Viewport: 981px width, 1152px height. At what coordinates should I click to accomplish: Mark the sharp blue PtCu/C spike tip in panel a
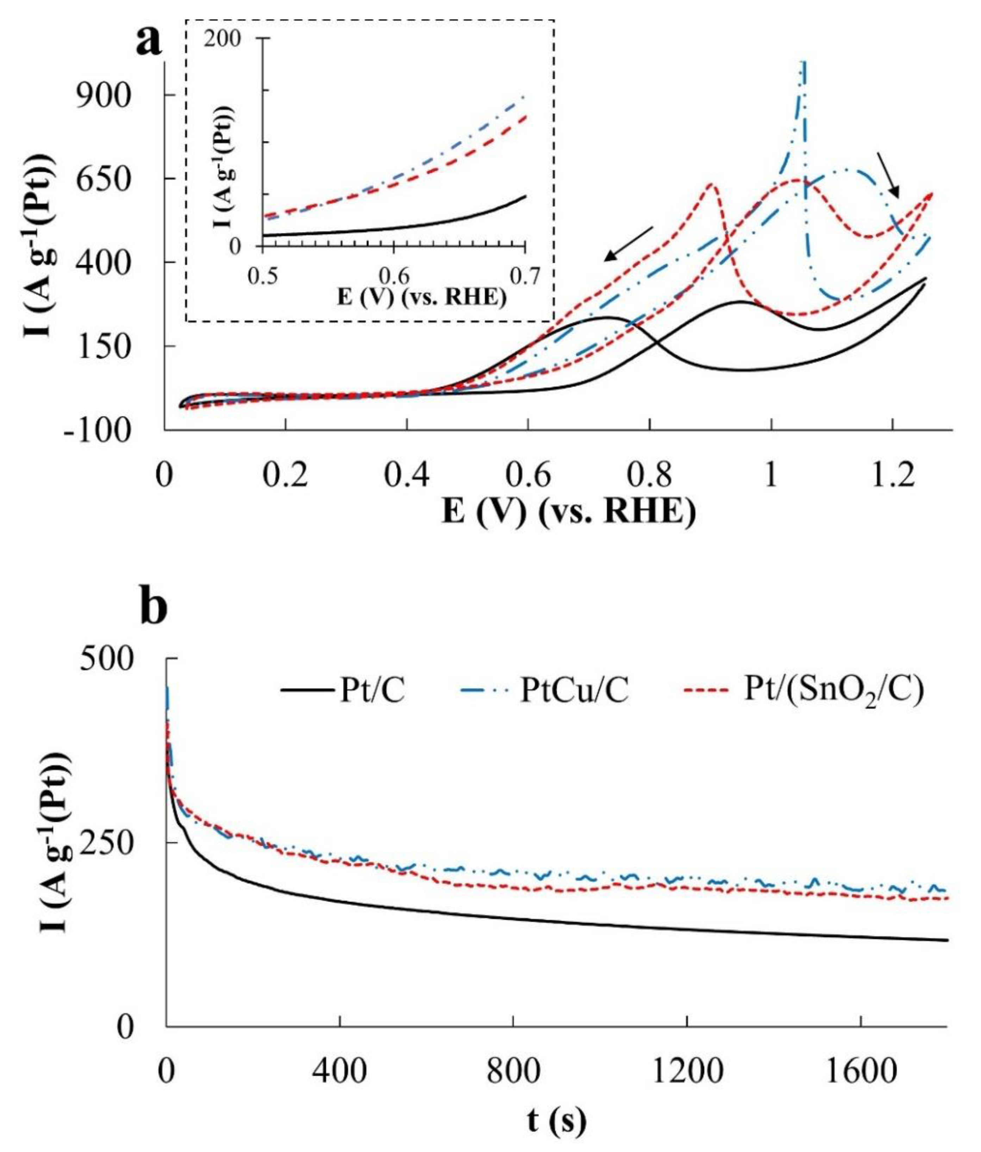(x=804, y=64)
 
